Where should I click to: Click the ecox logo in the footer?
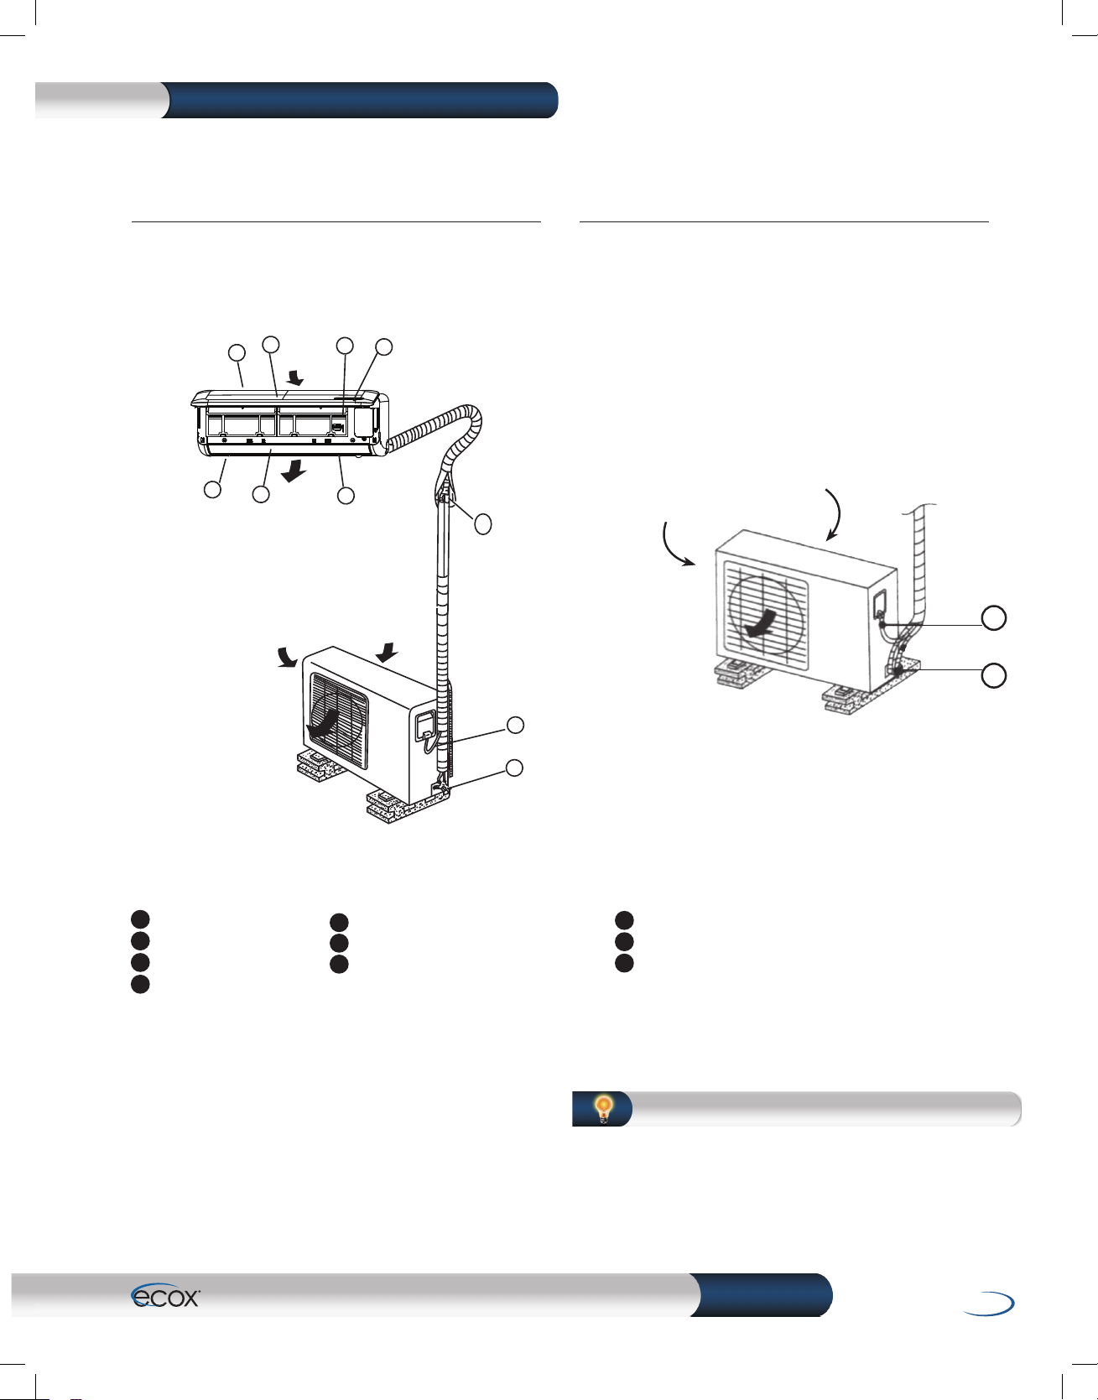(165, 1297)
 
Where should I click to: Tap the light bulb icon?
(603, 1109)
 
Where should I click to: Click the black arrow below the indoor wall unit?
(293, 474)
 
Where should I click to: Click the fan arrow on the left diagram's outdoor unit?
(325, 723)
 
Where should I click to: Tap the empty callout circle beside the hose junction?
(482, 525)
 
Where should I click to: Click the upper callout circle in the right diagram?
(994, 618)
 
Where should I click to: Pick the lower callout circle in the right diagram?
(994, 675)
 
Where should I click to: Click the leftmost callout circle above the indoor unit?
(238, 352)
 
